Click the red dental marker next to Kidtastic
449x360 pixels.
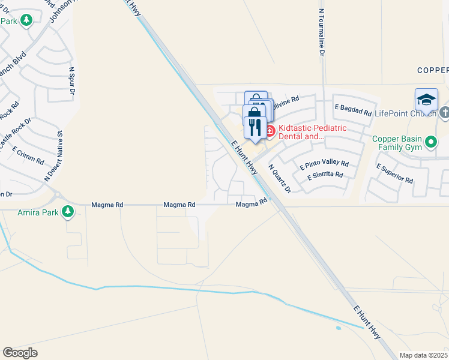point(270,130)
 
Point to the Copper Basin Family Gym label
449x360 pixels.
point(398,143)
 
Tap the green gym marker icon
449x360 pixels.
point(431,142)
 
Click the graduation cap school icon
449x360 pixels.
point(426,100)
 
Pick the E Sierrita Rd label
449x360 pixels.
point(325,175)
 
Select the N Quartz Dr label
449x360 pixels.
point(279,179)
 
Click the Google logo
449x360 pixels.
point(20,353)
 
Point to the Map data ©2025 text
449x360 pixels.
point(423,355)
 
